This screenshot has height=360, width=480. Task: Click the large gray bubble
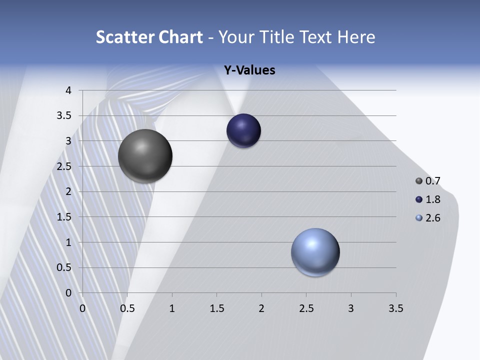click(x=145, y=156)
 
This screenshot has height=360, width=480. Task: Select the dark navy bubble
click(x=243, y=131)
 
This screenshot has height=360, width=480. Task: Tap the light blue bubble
click(x=315, y=252)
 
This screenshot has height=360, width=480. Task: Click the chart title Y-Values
click(x=249, y=70)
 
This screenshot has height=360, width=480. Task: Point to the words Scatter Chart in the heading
click(x=149, y=37)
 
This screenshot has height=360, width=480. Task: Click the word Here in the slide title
click(x=356, y=37)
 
